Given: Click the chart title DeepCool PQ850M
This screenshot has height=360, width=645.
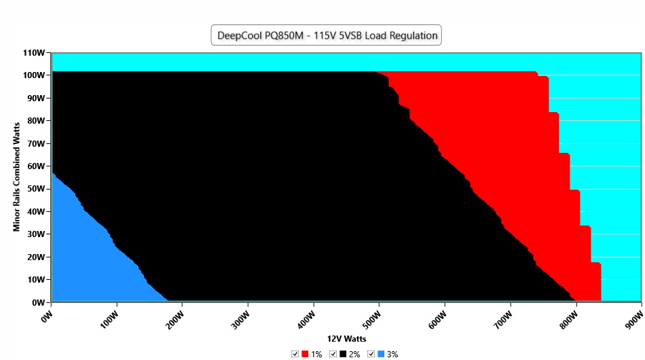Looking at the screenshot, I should tap(326, 35).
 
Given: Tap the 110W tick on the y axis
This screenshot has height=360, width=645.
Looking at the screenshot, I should tap(35, 52).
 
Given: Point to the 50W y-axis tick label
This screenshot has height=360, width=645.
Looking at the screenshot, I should tap(37, 189).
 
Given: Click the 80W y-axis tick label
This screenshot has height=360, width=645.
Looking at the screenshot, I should tap(37, 121).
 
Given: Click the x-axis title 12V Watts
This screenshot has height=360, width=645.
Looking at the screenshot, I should tap(346, 338).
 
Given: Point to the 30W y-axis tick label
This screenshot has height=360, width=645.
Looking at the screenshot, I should tap(37, 234).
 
